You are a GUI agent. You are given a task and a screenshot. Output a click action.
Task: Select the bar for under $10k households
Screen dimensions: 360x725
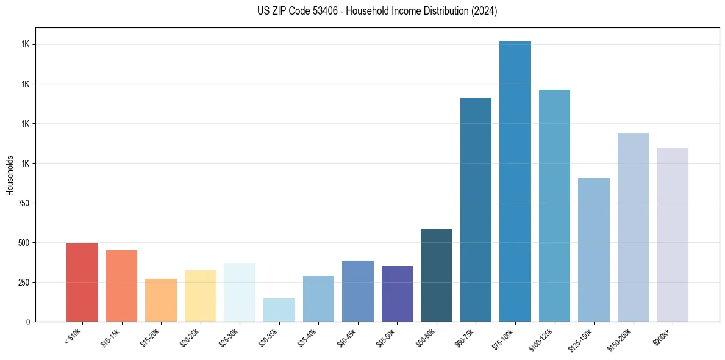82,282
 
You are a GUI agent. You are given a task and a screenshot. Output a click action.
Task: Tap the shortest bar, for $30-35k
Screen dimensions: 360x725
279,309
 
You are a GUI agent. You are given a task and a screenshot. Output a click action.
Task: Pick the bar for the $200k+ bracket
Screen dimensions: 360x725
672,234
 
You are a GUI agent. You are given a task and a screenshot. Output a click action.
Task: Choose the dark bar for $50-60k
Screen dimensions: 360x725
436,275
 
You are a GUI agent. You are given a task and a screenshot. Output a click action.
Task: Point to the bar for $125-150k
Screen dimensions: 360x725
593,250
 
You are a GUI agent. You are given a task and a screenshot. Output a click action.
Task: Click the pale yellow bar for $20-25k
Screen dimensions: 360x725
200,295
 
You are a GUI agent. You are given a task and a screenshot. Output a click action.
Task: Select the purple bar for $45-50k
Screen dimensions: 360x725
397,293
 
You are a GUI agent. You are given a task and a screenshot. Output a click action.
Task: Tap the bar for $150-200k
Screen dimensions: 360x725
633,227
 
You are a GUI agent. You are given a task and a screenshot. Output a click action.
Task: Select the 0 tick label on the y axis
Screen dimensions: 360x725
28,322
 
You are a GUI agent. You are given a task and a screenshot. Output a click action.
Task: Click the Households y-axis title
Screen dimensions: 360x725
10,175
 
